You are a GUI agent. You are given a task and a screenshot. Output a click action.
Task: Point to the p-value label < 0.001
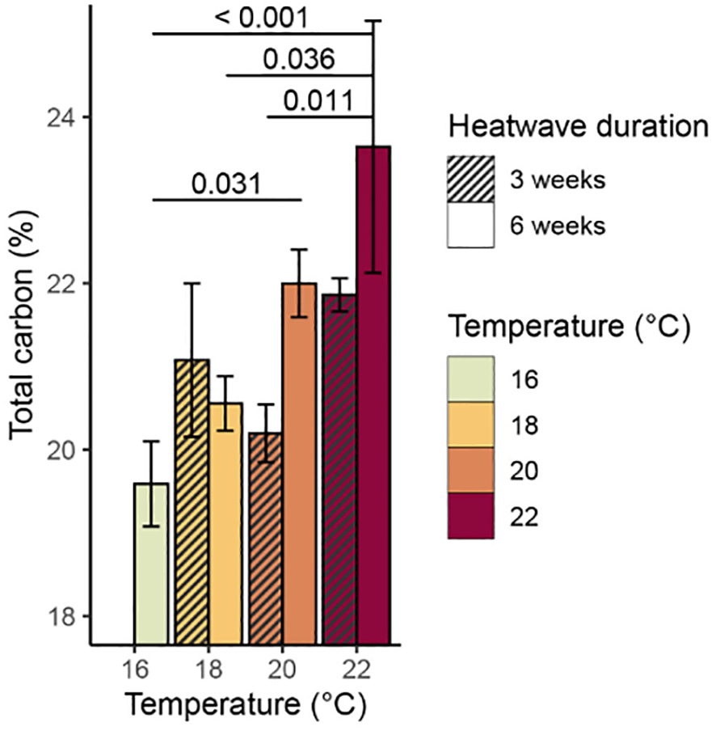[262, 17]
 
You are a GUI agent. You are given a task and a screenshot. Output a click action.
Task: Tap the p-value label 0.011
[318, 101]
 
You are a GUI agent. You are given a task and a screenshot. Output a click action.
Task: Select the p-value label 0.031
[226, 184]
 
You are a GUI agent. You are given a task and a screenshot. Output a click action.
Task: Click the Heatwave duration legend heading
[579, 126]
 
